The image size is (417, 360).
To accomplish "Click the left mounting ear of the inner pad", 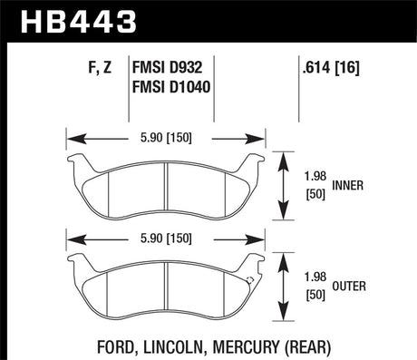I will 78,163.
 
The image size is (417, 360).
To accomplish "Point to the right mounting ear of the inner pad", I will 256,163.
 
